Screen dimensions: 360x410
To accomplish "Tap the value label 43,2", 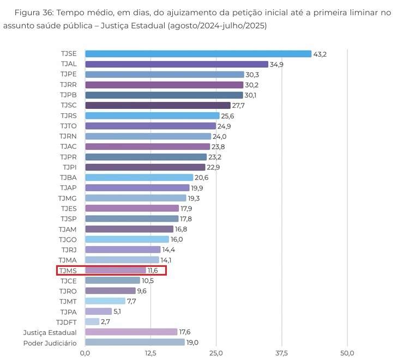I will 320,54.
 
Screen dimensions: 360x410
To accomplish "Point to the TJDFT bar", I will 92,322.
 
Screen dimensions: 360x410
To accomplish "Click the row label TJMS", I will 68,270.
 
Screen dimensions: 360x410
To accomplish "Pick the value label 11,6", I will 154,270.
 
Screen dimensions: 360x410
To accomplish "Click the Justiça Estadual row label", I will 50,332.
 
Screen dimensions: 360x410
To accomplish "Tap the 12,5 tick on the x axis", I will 150,353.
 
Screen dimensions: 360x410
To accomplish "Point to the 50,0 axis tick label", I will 347,353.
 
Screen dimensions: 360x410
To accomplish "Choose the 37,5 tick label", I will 281,353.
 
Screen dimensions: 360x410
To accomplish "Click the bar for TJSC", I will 158,106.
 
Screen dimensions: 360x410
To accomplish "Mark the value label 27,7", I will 238,106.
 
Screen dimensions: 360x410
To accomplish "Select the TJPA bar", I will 98,312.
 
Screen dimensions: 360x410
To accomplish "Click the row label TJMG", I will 68,198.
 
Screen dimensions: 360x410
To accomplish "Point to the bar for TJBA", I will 139,178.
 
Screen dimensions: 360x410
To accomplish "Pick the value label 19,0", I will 193,343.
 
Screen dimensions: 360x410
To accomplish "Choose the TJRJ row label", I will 69,249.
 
